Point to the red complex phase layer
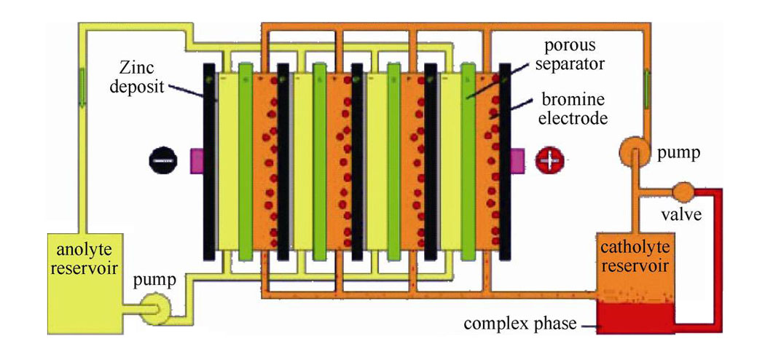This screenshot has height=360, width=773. [x=632, y=318]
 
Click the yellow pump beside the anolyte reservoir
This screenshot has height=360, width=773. [x=156, y=310]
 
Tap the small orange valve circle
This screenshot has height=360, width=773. [x=684, y=192]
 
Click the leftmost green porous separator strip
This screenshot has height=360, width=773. [x=246, y=160]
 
